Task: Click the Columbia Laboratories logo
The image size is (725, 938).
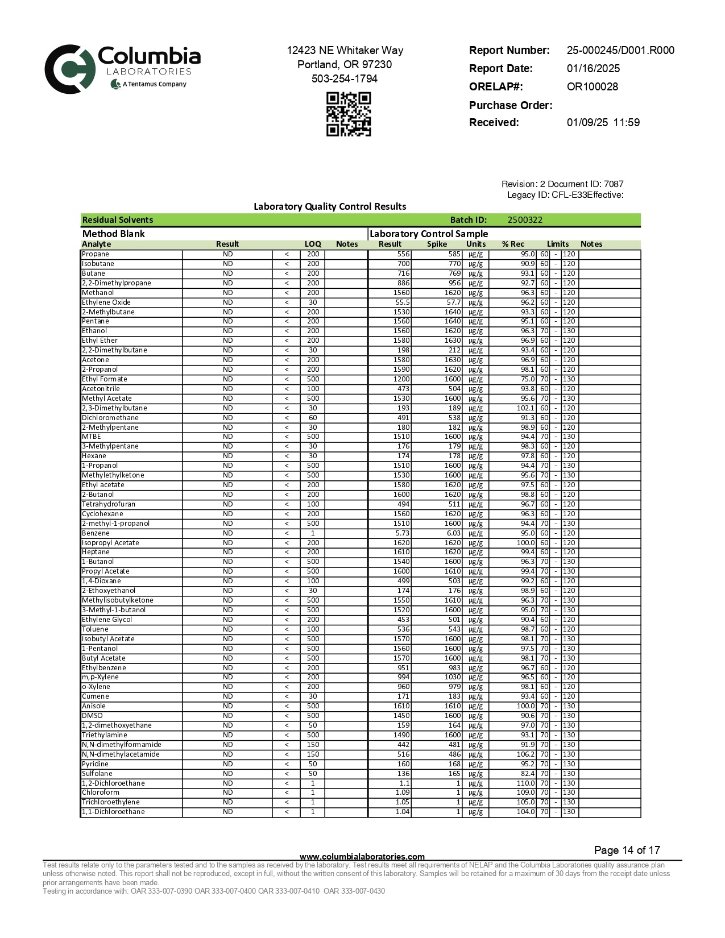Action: click(x=122, y=69)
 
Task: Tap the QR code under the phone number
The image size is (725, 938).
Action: click(x=348, y=114)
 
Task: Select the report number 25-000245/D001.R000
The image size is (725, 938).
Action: click(x=620, y=51)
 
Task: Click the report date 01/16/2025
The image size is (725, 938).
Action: click(x=593, y=69)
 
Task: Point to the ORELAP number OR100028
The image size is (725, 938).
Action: click(x=592, y=87)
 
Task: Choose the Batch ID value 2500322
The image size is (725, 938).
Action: click(x=525, y=220)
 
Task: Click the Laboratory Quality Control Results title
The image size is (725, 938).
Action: click(x=330, y=206)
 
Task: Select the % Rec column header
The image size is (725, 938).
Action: click(x=513, y=244)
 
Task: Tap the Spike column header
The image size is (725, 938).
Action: click(x=437, y=244)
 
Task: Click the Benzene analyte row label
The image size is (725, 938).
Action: click(x=96, y=533)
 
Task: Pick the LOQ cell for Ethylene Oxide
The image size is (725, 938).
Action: click(x=313, y=302)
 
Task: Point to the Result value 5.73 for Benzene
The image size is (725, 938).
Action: click(x=402, y=533)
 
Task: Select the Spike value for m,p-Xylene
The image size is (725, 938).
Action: click(x=453, y=677)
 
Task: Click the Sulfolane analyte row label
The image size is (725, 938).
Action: click(x=97, y=774)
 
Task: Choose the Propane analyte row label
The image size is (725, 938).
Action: click(x=96, y=254)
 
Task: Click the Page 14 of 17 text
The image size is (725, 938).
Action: click(x=627, y=850)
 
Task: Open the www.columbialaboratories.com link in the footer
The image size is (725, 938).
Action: click(x=362, y=857)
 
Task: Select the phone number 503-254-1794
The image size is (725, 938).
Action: click(x=344, y=79)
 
